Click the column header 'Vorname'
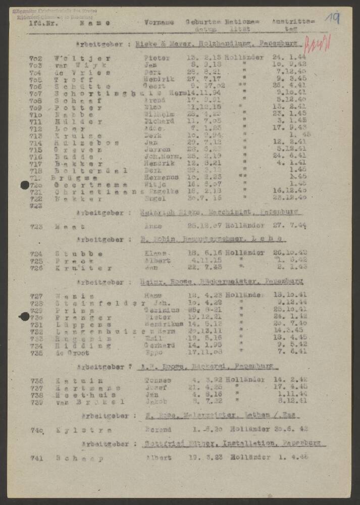click(159, 23)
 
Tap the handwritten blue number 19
click(332, 19)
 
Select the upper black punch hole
click(25, 185)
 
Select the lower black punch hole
click(24, 317)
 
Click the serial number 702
click(36, 58)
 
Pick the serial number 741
click(36, 459)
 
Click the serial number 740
click(37, 430)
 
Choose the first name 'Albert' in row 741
click(158, 458)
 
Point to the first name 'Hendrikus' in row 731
click(163, 325)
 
